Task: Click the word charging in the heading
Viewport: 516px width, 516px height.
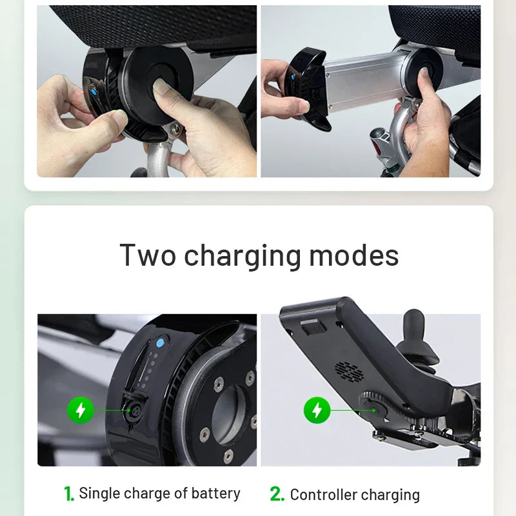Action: coord(243,255)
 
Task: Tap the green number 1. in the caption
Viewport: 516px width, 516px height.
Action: coord(69,494)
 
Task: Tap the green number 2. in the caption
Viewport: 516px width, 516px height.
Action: coord(277,495)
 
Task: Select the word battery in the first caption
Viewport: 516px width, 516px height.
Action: coord(215,494)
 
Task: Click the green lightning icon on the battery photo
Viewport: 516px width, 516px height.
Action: coord(81,410)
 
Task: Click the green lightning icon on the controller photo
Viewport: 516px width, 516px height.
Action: coord(317,410)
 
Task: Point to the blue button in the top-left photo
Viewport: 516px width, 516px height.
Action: coord(95,92)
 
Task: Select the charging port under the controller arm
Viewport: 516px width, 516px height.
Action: coord(374,404)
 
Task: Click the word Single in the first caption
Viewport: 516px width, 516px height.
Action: coord(99,494)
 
